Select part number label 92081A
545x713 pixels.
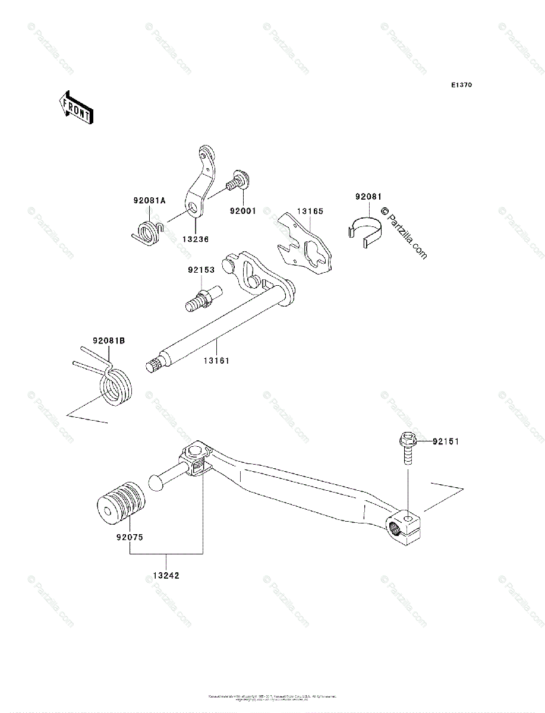point(149,201)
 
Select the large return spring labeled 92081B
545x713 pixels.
point(116,389)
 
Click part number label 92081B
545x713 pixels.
point(109,341)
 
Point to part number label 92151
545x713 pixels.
point(445,441)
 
